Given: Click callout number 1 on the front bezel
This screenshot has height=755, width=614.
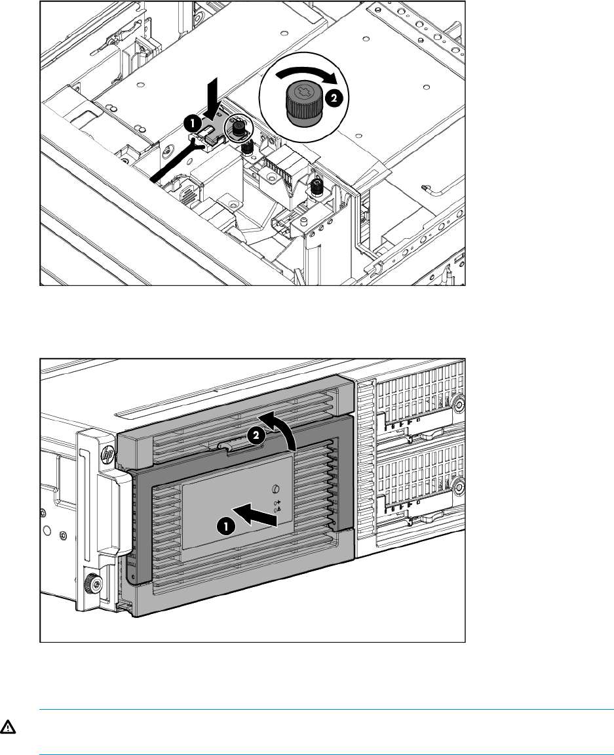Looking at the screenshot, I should coord(224,525).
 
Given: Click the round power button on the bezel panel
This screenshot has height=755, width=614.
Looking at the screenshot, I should coord(275,488).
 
